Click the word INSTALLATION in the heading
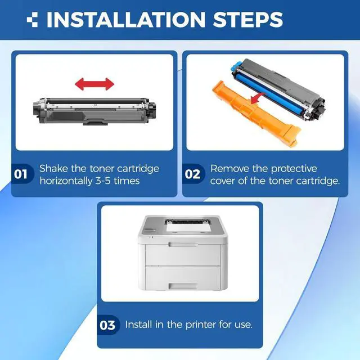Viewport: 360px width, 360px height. coord(126,20)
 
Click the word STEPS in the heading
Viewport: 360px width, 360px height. coord(248,20)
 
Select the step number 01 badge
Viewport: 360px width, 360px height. coord(21,174)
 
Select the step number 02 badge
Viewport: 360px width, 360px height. coord(192,174)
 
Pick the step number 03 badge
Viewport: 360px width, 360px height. coord(107,325)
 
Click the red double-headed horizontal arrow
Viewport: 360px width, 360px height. coord(94,84)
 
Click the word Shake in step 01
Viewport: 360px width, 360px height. coord(54,169)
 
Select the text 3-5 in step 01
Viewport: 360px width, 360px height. coord(103,181)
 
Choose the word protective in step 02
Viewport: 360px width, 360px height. coord(294,169)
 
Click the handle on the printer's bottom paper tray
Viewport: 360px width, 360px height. coord(183,286)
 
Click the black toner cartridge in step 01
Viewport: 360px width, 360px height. coord(94,111)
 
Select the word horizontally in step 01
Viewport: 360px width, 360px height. coord(66,181)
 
